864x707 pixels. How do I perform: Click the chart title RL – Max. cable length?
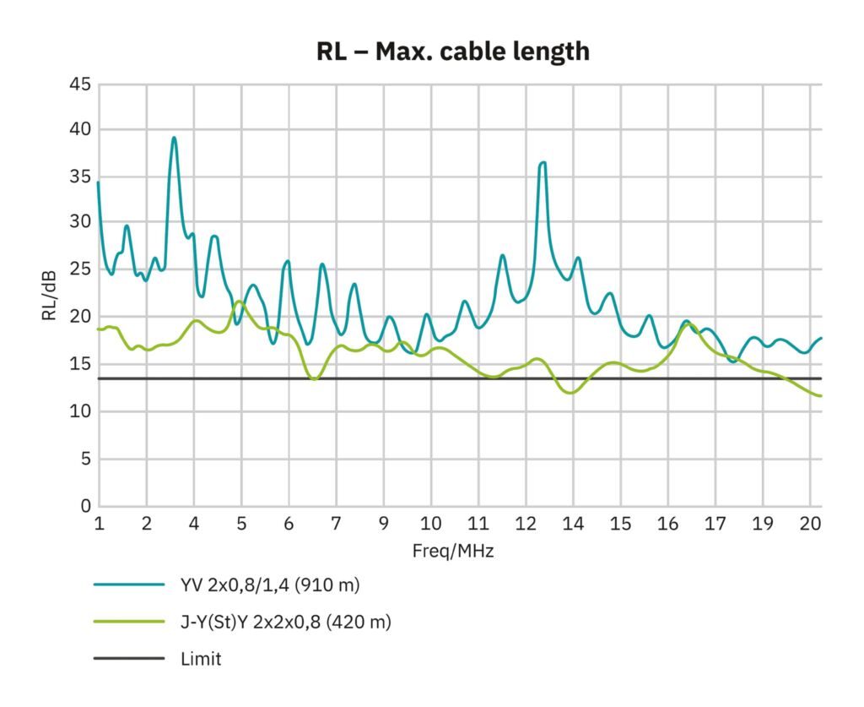pos(452,52)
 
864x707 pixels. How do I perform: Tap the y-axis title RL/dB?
pos(48,296)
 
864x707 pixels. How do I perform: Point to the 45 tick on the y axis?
pos(80,84)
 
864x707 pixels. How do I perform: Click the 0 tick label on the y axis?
pos(85,507)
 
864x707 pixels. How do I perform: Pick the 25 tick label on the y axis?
pos(80,269)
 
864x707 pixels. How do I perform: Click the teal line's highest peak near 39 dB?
pos(174,138)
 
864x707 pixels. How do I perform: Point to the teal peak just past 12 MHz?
pos(543,162)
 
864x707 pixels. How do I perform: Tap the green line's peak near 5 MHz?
pos(240,301)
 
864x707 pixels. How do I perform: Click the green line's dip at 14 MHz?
pos(572,393)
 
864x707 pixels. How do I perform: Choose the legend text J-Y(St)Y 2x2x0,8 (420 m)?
pos(286,622)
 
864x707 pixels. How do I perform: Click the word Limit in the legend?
pos(201,659)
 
